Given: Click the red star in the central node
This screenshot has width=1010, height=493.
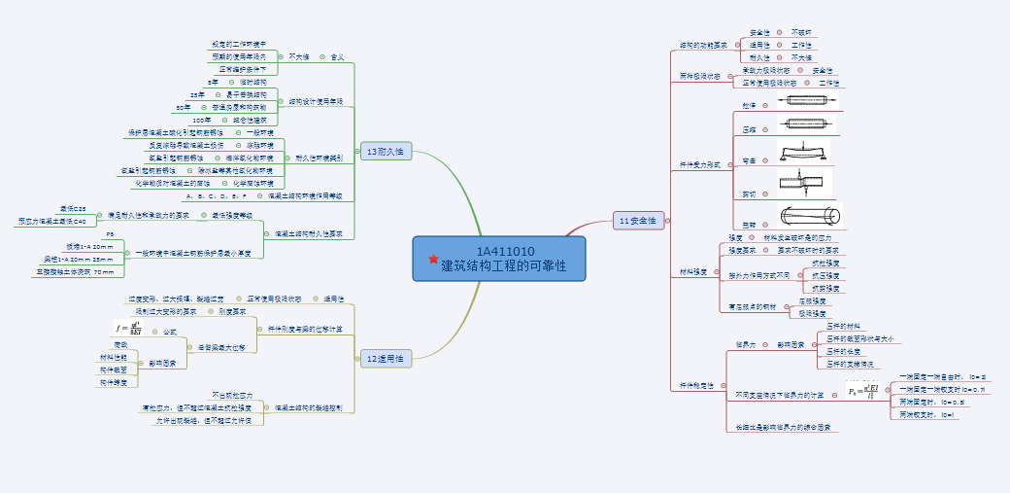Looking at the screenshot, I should pyautogui.click(x=433, y=259).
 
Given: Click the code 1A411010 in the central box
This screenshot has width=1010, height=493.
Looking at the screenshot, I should pyautogui.click(x=498, y=251).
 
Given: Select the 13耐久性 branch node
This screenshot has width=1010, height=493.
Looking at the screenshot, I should pyautogui.click(x=386, y=151).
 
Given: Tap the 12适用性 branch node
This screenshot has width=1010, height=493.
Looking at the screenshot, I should pyautogui.click(x=386, y=359).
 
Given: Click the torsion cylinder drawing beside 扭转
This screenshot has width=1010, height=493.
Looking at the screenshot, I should pyautogui.click(x=808, y=217).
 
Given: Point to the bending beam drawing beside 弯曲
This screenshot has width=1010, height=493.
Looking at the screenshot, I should pyautogui.click(x=803, y=155).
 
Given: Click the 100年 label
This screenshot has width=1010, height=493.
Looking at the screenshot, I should pyautogui.click(x=202, y=120).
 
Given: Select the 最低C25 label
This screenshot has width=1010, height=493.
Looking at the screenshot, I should pyautogui.click(x=72, y=209).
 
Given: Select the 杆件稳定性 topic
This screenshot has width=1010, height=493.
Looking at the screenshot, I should pyautogui.click(x=696, y=385).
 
